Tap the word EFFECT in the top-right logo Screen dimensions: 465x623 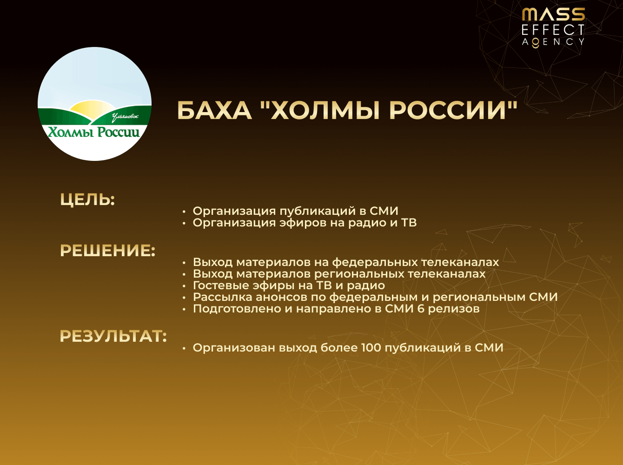coord(553,30)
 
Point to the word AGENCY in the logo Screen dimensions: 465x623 coord(553,42)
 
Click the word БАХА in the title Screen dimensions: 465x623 coord(214,111)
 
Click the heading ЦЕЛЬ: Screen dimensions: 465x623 coord(87,199)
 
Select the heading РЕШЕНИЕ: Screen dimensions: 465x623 coord(107,251)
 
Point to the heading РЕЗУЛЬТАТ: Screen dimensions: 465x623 coord(113,336)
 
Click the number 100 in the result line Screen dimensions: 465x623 coord(371,348)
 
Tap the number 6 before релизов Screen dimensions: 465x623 coord(421,309)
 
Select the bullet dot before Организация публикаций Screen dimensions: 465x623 coord(184,212)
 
